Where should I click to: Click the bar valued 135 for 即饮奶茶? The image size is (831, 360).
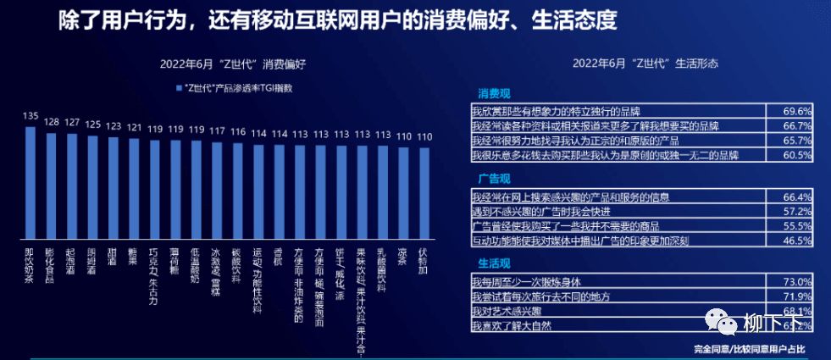(x=30, y=183)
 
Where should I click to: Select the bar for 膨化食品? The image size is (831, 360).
(x=51, y=186)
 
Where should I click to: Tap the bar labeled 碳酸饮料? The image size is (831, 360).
(x=237, y=193)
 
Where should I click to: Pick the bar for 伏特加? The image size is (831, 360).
(x=424, y=196)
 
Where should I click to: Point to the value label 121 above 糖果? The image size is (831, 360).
(x=134, y=128)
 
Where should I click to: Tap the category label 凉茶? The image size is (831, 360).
(x=403, y=258)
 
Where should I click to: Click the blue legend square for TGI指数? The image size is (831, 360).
(x=179, y=88)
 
